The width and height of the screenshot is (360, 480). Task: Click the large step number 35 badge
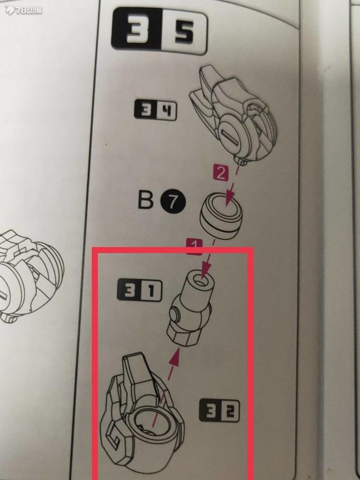coord(159,31)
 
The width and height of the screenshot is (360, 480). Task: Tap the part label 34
coord(155,110)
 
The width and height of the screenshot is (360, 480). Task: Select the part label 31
coord(139,289)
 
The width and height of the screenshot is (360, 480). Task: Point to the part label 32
coord(219,410)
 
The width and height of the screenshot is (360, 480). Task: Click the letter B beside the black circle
coord(146,200)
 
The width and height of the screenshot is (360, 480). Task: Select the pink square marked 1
coord(194,246)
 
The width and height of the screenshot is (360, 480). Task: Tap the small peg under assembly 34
coord(241,161)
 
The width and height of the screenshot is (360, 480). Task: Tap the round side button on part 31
coord(176,315)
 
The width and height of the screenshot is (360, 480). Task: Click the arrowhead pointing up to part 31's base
coord(175,357)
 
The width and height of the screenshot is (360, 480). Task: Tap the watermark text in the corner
coord(24,10)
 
